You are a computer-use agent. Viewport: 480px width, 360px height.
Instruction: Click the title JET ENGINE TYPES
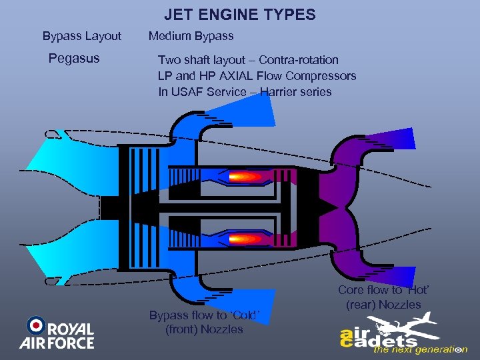pyautogui.click(x=240, y=14)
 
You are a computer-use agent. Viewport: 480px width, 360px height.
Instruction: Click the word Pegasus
pyautogui.click(x=74, y=58)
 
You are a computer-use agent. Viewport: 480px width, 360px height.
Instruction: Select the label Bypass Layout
pyautogui.click(x=82, y=35)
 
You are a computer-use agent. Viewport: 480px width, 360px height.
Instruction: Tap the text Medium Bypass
pyautogui.click(x=191, y=35)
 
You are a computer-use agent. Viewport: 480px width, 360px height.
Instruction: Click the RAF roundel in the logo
pyautogui.click(x=35, y=326)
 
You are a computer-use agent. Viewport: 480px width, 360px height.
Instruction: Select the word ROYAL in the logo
pyautogui.click(x=71, y=329)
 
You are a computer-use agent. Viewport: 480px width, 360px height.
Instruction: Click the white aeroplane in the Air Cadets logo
pyautogui.click(x=407, y=327)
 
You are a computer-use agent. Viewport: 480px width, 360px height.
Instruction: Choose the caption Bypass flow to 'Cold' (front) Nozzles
pyautogui.click(x=204, y=322)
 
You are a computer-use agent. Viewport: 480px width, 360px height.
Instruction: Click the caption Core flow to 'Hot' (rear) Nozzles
pyautogui.click(x=383, y=297)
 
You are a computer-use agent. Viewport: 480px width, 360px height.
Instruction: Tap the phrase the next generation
pyautogui.click(x=420, y=349)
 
